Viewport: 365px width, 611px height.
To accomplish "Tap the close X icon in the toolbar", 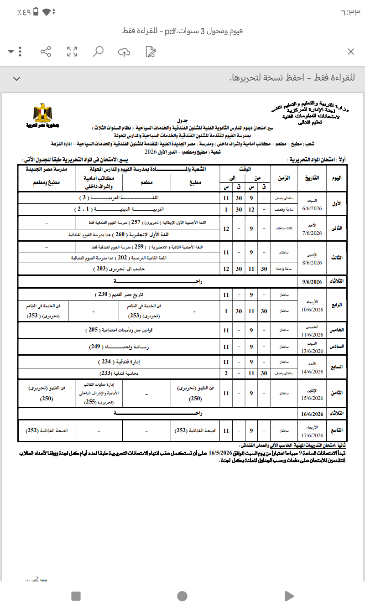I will [351, 52].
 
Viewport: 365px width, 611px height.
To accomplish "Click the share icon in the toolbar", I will [46, 52].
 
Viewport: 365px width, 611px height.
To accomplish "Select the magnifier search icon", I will [98, 52].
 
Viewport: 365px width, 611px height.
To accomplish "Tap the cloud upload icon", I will [124, 52].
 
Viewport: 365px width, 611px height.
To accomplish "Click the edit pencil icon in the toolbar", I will [150, 52].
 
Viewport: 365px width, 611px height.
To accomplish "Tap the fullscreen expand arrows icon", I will [72, 52].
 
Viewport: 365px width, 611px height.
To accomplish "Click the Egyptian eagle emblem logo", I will [43, 114].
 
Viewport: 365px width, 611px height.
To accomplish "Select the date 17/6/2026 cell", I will [312, 433].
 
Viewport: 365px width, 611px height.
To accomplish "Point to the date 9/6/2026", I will [312, 281].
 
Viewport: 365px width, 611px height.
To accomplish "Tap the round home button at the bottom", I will [182, 596].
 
